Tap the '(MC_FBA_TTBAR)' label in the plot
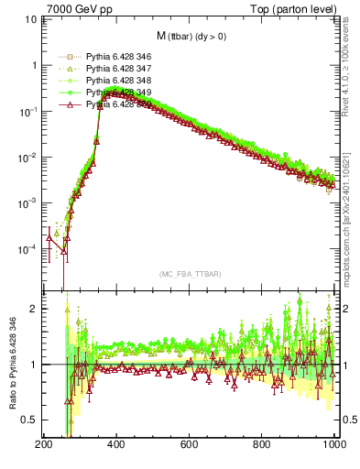click(189, 274)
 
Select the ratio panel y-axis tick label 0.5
click(29, 420)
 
